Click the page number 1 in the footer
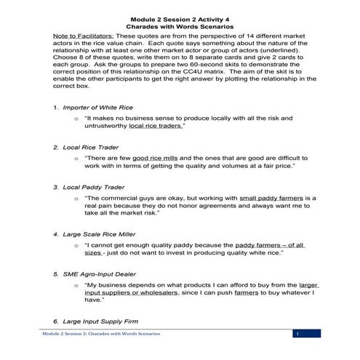297,334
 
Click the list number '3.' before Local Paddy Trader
55,187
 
